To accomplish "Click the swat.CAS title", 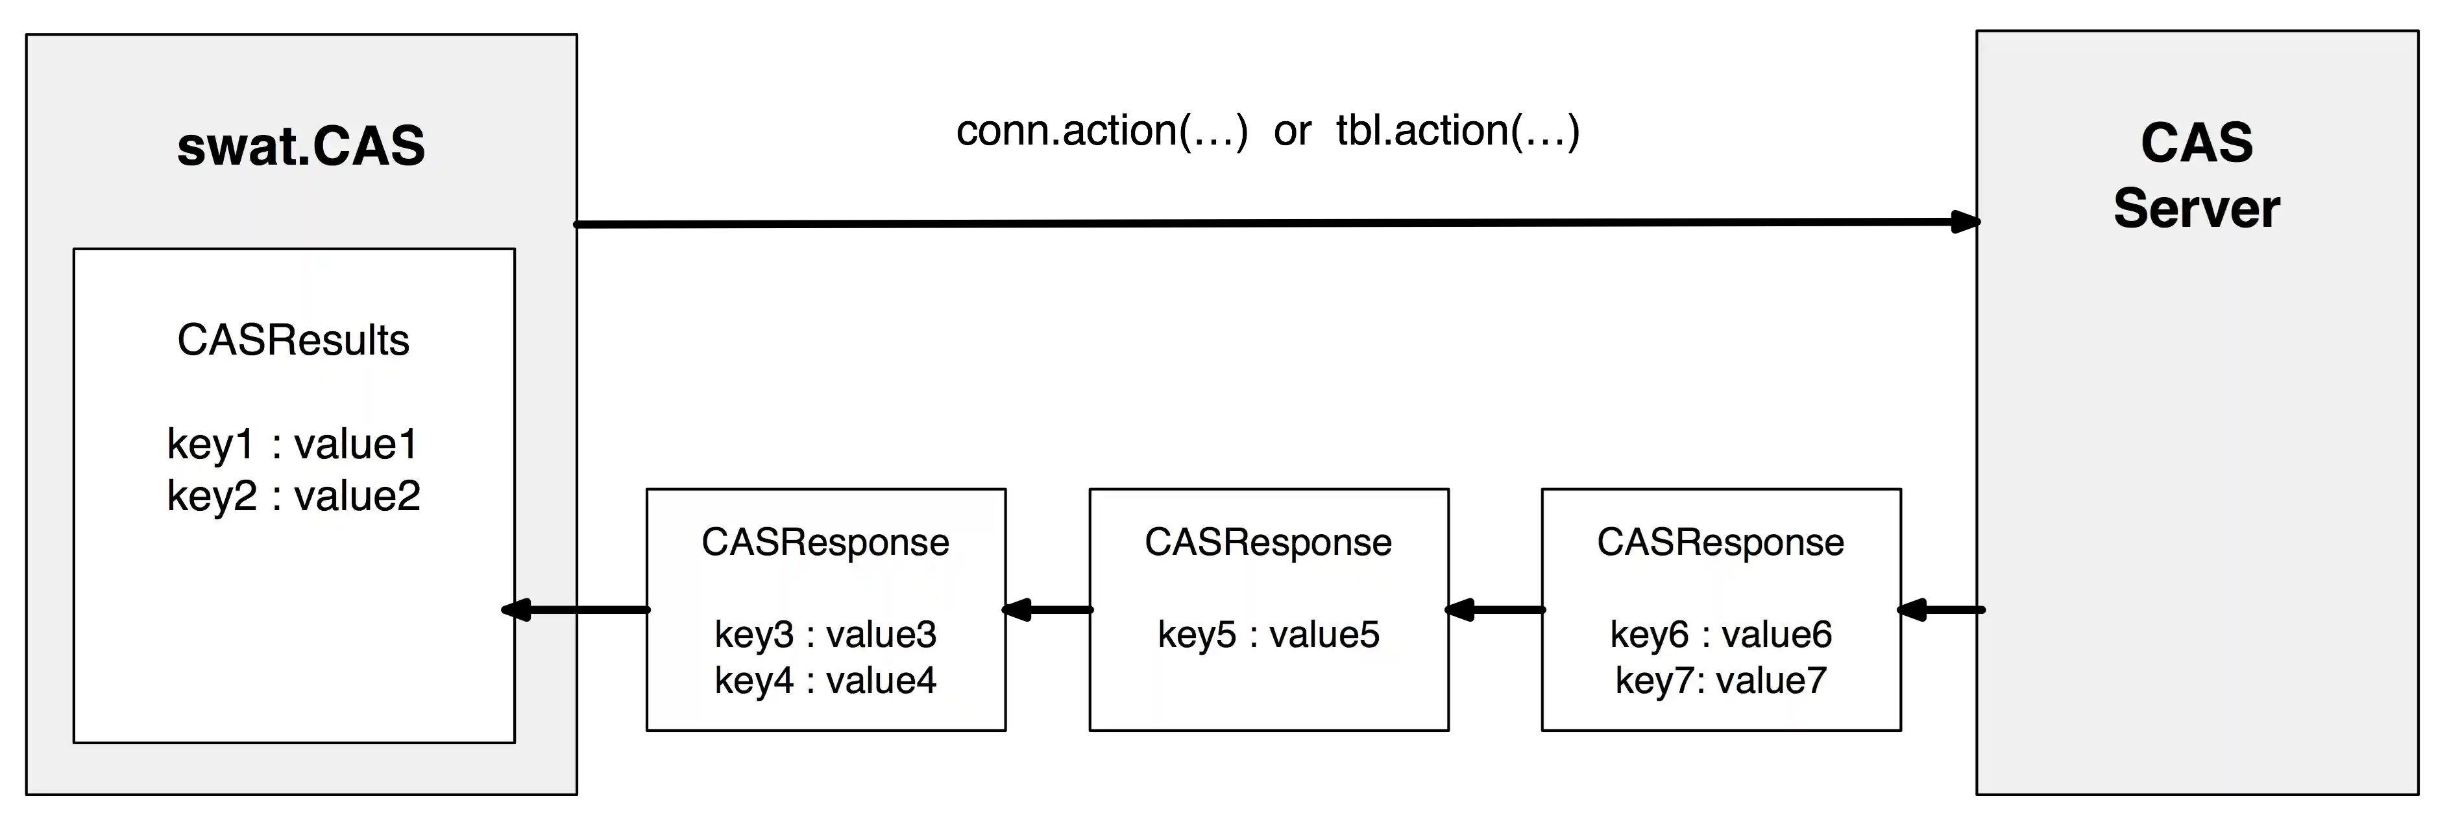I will (300, 147).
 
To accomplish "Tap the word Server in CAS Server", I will (2196, 209).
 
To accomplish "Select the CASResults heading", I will (293, 340).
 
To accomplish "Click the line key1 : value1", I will (293, 444).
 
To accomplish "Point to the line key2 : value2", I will (293, 496).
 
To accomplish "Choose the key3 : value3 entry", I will (825, 634).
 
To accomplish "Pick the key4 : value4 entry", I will (825, 681).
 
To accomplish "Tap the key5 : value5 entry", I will (1268, 634).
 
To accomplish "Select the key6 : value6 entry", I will (1721, 634).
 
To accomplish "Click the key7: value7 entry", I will (1721, 681).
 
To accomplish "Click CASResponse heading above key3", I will (825, 543).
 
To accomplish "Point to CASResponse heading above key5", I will (1268, 543).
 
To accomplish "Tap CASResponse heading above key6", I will (1721, 543).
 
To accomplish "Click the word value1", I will (356, 444).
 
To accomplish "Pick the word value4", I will (881, 681).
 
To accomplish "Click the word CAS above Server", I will (2196, 143).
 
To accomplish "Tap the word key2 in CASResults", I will (211, 496).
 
